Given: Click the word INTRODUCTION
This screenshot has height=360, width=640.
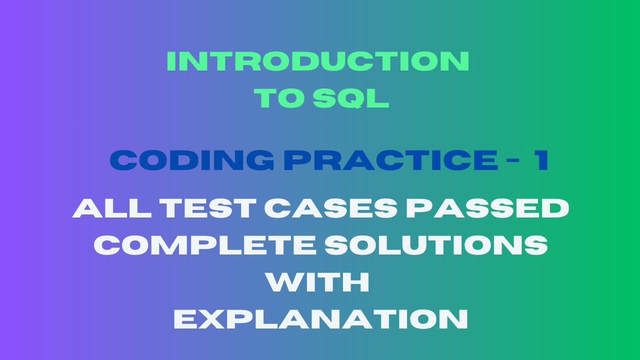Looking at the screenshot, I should pyautogui.click(x=318, y=61).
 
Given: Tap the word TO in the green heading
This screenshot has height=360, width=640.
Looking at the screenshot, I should pyautogui.click(x=279, y=98).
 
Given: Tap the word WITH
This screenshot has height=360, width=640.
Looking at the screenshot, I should pyautogui.click(x=318, y=282).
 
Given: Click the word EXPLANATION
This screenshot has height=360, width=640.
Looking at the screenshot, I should pyautogui.click(x=320, y=319).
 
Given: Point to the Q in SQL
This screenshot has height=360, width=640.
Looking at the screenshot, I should pyautogui.click(x=350, y=99).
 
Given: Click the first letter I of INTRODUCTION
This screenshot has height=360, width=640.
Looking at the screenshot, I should pyautogui.click(x=170, y=61).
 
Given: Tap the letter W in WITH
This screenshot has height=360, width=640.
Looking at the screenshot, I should pyautogui.click(x=283, y=282).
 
